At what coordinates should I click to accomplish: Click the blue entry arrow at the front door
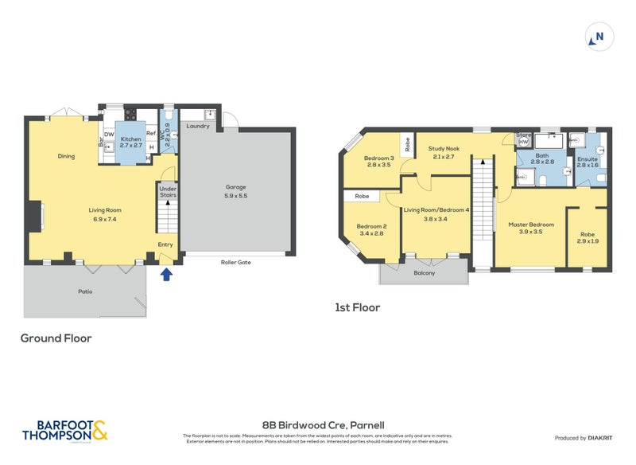click(x=166, y=275)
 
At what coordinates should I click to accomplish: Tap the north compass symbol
click(x=598, y=37)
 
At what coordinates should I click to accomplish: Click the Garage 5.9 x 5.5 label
click(x=235, y=191)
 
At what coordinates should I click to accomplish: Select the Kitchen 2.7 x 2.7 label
click(x=130, y=142)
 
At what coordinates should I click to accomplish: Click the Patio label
click(x=85, y=291)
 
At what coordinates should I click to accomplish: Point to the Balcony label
click(x=425, y=273)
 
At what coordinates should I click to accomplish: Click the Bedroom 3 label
click(x=378, y=161)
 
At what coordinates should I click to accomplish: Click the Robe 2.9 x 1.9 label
click(x=588, y=236)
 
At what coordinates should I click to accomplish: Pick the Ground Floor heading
click(x=56, y=338)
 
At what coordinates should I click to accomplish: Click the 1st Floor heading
click(x=356, y=307)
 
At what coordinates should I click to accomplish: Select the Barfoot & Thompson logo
click(x=64, y=431)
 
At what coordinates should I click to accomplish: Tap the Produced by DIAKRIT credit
click(x=588, y=438)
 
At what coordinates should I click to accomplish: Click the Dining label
click(x=66, y=156)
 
